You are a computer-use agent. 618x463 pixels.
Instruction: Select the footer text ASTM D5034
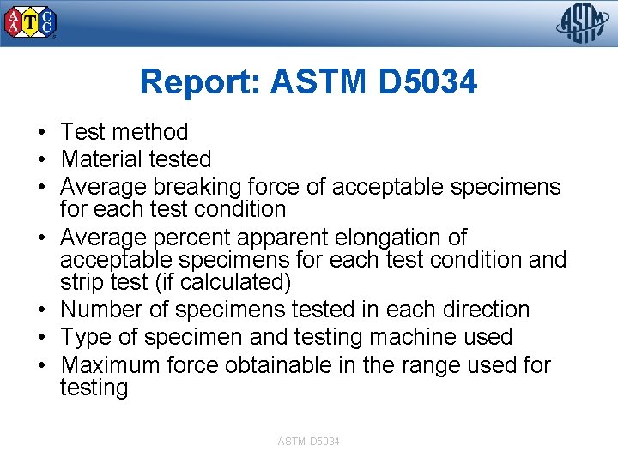click(x=308, y=441)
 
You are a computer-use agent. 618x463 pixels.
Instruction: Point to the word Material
click(x=101, y=159)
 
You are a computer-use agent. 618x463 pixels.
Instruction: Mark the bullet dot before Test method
click(x=41, y=133)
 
